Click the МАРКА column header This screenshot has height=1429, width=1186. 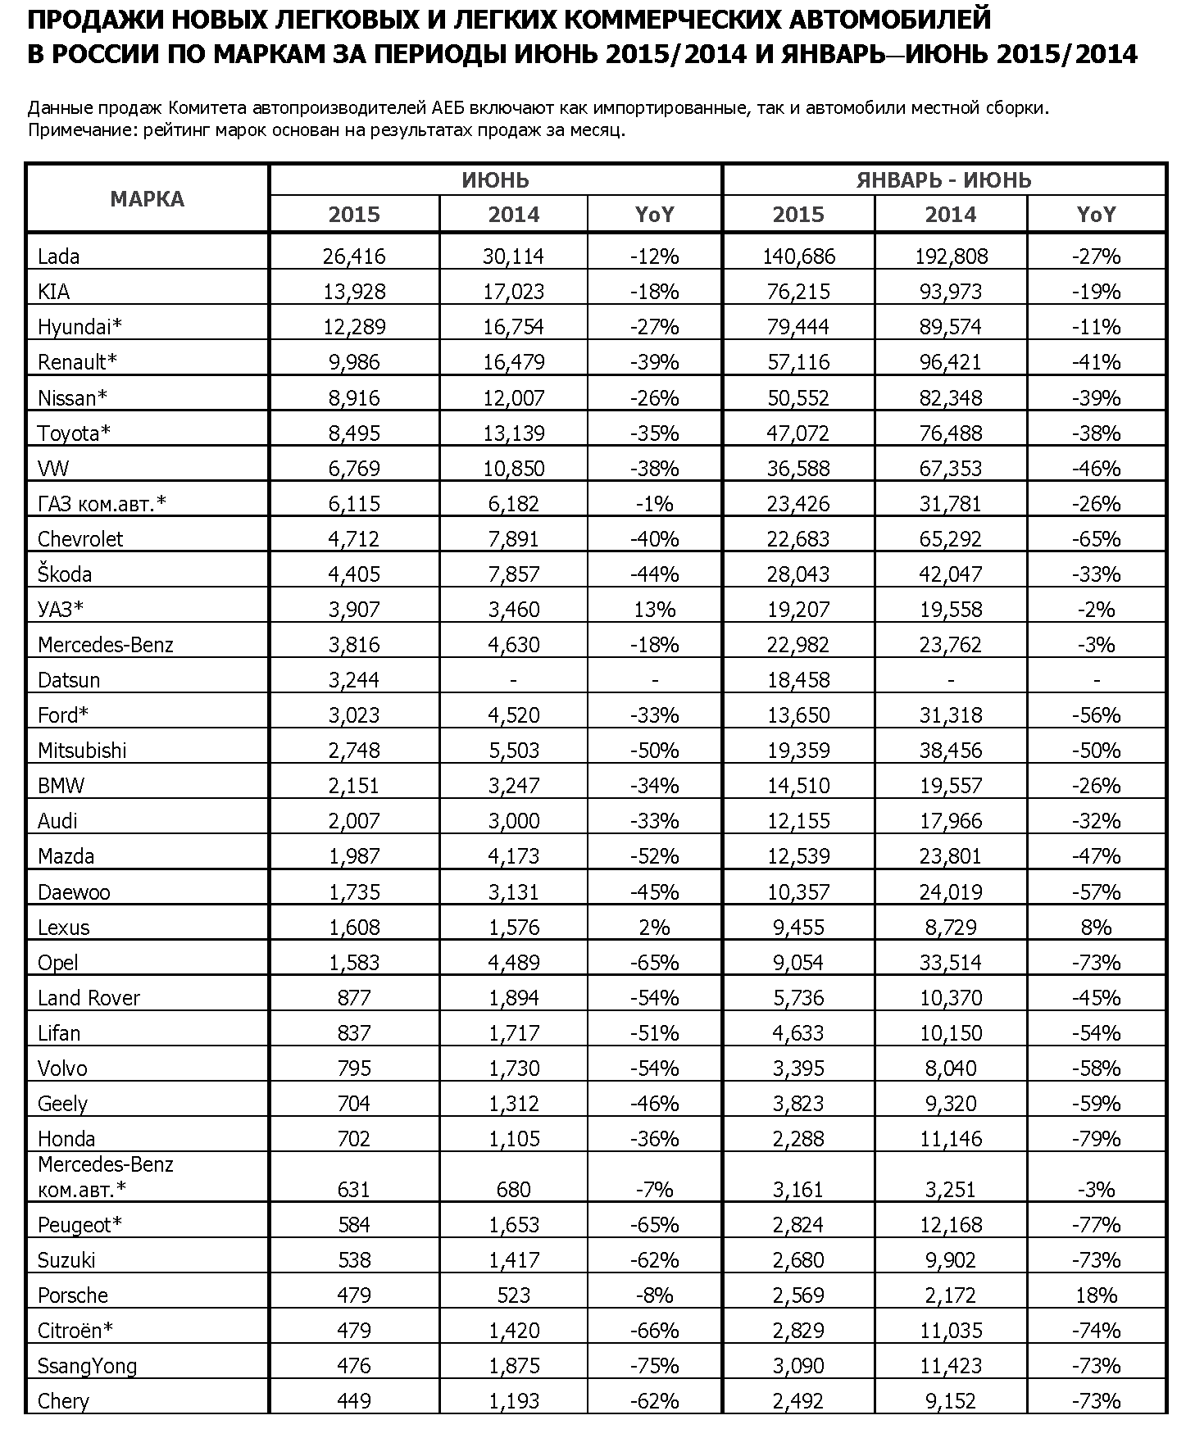pyautogui.click(x=148, y=198)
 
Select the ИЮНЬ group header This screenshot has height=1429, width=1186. pyautogui.click(x=495, y=180)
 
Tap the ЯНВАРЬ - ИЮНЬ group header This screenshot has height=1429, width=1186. pyautogui.click(x=943, y=180)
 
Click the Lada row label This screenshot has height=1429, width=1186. pyautogui.click(x=58, y=256)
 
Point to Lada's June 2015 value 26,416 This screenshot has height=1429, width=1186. pyautogui.click(x=354, y=256)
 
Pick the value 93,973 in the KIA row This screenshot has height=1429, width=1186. pyautogui.click(x=951, y=292)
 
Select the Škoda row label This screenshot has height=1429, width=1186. pyautogui.click(x=65, y=574)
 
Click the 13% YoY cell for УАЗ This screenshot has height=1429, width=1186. pyautogui.click(x=654, y=610)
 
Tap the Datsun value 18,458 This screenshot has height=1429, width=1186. pyautogui.click(x=798, y=680)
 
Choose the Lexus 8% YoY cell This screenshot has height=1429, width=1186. pyautogui.click(x=1096, y=928)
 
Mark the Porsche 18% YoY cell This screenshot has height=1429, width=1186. pyautogui.click(x=1096, y=1295)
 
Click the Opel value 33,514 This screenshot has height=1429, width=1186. pyautogui.click(x=951, y=963)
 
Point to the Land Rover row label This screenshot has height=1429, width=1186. pyautogui.click(x=89, y=998)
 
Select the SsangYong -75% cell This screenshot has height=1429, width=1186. pyautogui.click(x=654, y=1366)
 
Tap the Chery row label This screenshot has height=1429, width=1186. pyautogui.click(x=63, y=1401)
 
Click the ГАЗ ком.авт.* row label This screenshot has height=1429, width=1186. pyautogui.click(x=102, y=504)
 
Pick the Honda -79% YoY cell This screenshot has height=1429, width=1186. pyautogui.click(x=1096, y=1139)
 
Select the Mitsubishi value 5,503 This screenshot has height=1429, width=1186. pyautogui.click(x=514, y=751)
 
